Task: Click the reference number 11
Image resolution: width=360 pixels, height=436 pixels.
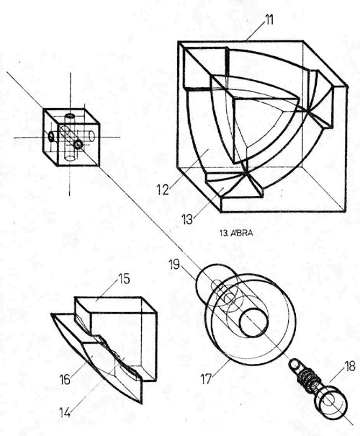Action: (x=269, y=20)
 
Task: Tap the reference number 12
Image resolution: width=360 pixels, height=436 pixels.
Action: (x=163, y=190)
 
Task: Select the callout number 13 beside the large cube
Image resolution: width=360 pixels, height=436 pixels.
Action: (x=187, y=219)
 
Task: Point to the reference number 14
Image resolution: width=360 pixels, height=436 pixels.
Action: (x=65, y=412)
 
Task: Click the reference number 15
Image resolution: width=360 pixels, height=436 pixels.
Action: (x=124, y=279)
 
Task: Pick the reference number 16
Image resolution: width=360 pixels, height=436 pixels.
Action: (x=65, y=379)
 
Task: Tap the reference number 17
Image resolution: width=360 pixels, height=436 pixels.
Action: (x=206, y=379)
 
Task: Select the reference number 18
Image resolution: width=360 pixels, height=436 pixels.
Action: (x=350, y=367)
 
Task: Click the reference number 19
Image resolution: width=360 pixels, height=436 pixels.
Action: (x=174, y=264)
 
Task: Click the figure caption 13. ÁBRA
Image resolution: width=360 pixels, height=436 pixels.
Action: (x=236, y=233)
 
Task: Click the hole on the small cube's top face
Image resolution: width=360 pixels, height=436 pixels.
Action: (x=70, y=115)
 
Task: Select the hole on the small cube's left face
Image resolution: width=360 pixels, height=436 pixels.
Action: (x=51, y=136)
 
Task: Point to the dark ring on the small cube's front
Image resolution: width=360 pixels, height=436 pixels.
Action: (x=78, y=144)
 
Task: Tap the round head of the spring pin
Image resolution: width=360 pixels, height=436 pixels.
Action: (x=330, y=403)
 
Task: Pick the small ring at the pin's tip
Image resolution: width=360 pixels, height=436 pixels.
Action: (x=294, y=364)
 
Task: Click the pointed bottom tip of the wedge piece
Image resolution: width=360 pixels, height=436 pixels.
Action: (x=142, y=403)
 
